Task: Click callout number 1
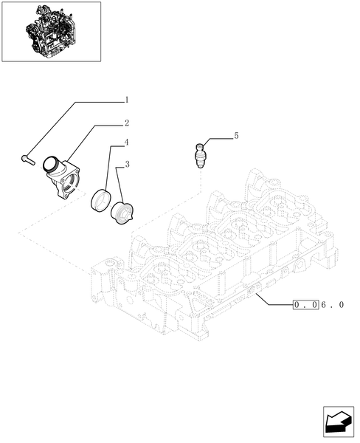[x=127, y=100]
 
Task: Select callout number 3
[x=127, y=164]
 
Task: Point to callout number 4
[x=127, y=142]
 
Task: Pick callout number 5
[x=236, y=137]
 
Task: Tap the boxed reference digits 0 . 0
[x=305, y=304]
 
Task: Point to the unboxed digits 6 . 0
[x=333, y=304]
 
